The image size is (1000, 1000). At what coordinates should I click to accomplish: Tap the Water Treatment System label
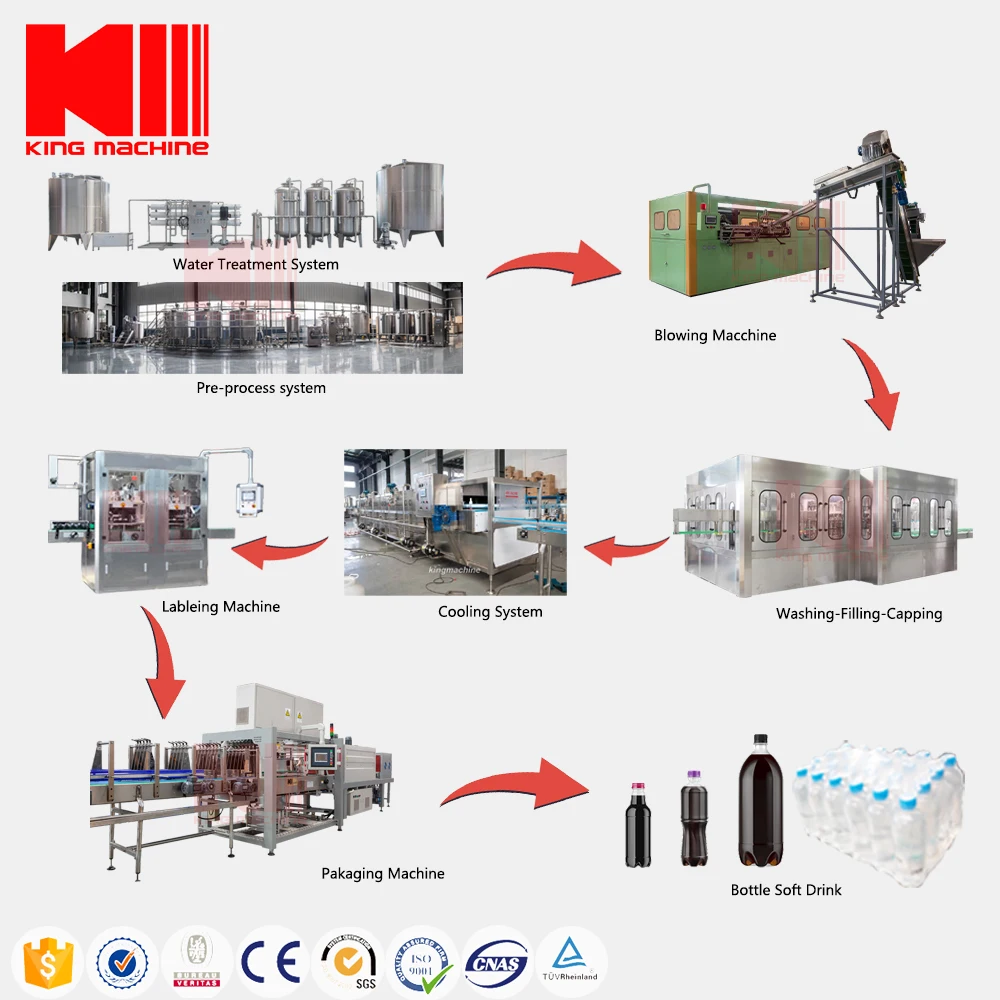coord(255,265)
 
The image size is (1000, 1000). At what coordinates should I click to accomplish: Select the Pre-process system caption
coord(261,388)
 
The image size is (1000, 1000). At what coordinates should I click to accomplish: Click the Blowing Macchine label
coord(715,336)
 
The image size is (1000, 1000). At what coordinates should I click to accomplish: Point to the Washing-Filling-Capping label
coord(859,614)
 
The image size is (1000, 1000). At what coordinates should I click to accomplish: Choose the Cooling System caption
coord(490,612)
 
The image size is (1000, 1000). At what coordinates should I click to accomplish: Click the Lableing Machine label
coord(221,607)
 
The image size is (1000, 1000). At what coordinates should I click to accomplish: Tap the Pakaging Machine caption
coord(383,874)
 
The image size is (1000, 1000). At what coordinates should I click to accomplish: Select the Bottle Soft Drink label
coord(786,890)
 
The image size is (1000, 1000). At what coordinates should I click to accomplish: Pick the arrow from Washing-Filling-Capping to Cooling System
coord(625,547)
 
